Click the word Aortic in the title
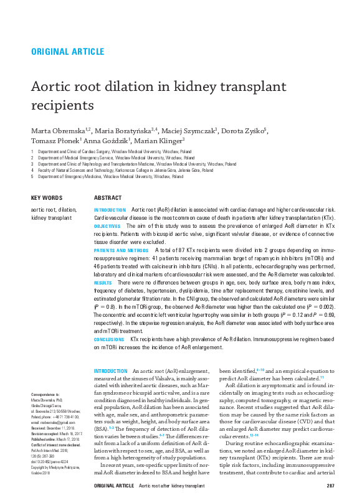click(54, 87)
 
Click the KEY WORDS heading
click(47, 198)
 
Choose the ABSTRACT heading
click(107, 198)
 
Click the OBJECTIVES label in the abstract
click(107, 227)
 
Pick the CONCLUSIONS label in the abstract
click(109, 339)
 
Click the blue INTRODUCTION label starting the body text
click(110, 370)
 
